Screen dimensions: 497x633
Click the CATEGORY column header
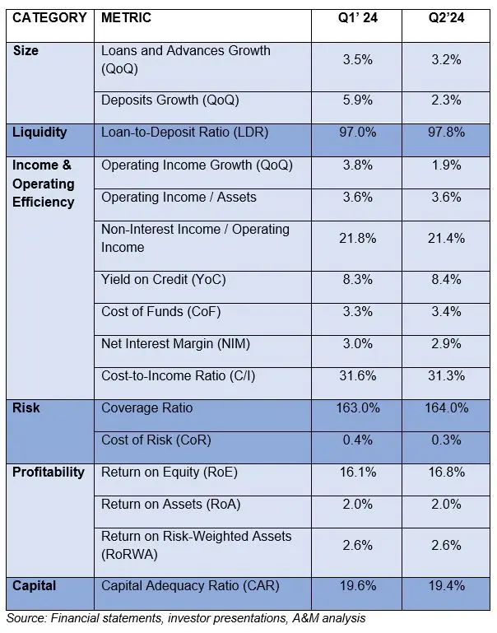pos(49,18)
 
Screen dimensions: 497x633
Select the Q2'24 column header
pos(446,18)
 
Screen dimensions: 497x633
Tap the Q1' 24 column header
pos(357,18)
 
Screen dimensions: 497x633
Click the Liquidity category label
pos(39,133)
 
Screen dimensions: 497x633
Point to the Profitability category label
pos(49,472)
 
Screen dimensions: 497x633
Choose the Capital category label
pos(35,586)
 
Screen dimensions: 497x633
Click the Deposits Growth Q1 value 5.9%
pos(357,100)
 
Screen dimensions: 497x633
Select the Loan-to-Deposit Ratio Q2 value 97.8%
pos(446,133)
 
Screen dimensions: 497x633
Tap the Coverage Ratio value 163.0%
pos(358,407)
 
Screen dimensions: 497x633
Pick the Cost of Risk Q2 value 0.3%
pos(446,440)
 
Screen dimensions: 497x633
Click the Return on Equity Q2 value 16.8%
pos(446,472)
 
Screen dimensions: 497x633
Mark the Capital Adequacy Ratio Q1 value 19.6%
pos(358,586)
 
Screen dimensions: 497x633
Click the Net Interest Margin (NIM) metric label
pos(175,344)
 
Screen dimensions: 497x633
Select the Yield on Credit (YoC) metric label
pos(164,280)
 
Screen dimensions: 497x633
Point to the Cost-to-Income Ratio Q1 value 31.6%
pos(358,376)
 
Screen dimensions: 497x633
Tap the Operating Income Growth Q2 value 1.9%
pos(446,165)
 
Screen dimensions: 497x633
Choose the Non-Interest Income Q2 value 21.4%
pos(446,238)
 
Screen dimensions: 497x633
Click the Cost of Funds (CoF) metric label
pos(161,312)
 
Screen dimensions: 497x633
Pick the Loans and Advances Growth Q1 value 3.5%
pos(357,60)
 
